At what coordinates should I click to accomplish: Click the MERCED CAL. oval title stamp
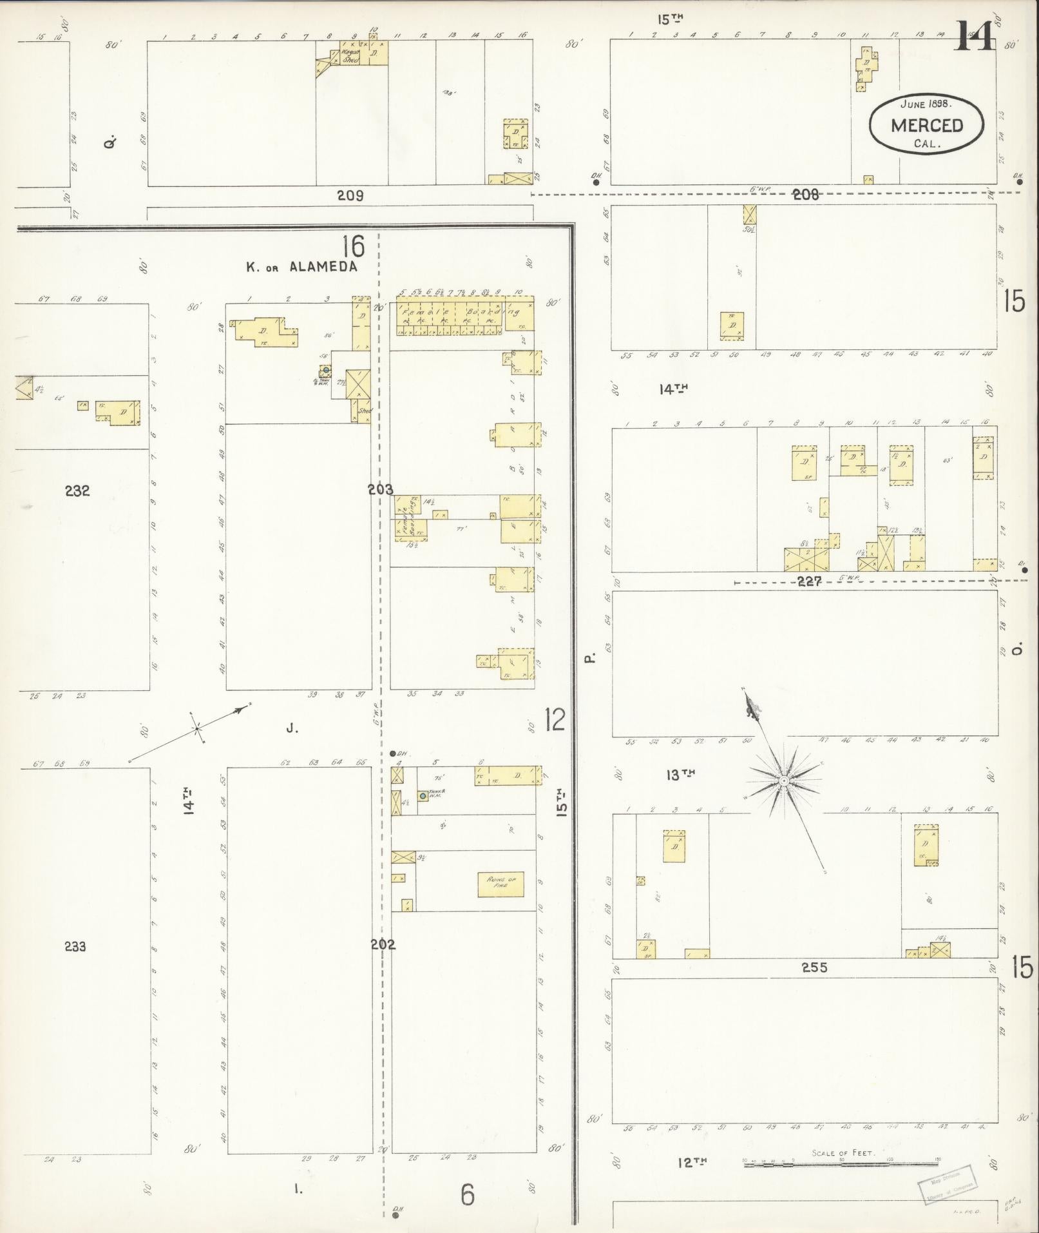(926, 124)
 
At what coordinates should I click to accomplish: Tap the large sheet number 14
(974, 36)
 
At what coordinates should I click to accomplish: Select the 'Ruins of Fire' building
(500, 884)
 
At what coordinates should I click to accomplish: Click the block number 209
(350, 195)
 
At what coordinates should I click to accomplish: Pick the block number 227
(809, 581)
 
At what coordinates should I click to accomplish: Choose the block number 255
(814, 967)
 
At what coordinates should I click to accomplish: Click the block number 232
(77, 491)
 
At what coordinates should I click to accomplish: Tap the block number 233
(75, 946)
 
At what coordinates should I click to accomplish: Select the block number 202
(383, 944)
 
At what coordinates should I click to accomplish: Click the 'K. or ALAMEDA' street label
(301, 267)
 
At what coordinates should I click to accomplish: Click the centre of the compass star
(784, 781)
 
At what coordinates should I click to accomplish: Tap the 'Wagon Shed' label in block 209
(350, 57)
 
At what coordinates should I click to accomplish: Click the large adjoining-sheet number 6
(468, 1194)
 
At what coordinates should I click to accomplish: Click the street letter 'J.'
(293, 728)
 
